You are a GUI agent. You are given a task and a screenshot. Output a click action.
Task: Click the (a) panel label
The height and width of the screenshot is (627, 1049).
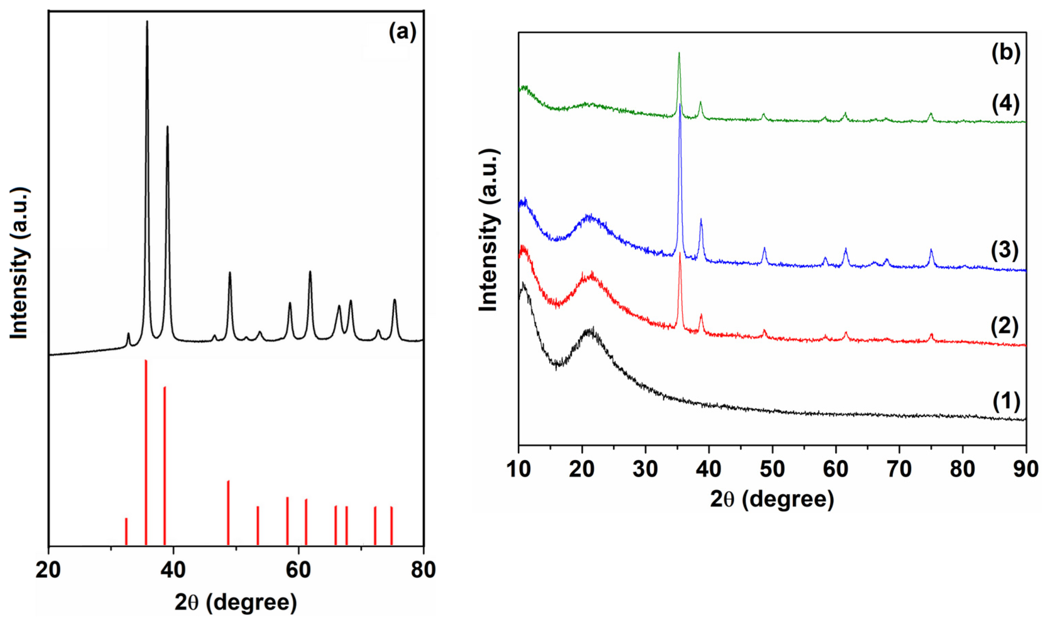402,32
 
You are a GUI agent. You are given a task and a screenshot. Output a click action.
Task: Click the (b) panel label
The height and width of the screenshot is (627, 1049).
1005,53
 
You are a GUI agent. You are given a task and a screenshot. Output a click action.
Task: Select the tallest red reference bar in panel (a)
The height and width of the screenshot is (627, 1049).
146,452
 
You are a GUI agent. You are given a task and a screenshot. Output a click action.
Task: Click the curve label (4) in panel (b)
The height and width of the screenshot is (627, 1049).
1005,104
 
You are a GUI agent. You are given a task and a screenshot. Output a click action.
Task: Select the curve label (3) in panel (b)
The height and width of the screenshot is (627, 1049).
1005,250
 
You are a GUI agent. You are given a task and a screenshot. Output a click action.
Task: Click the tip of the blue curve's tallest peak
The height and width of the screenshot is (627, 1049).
680,104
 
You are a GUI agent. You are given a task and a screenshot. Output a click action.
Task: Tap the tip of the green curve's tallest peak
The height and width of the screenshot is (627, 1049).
678,54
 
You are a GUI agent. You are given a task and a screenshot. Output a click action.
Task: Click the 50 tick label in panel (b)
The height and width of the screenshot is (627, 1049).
772,469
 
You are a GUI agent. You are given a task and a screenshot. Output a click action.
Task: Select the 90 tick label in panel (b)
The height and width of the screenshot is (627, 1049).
1026,469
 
